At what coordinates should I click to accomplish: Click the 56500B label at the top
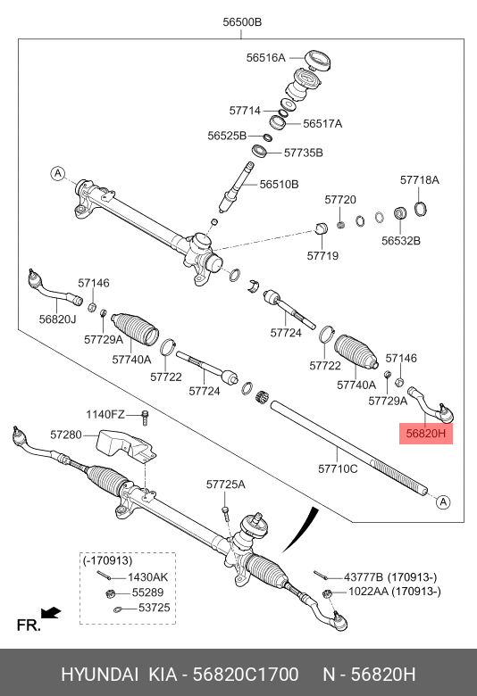pos(242,21)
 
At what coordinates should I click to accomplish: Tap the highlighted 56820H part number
pos(426,433)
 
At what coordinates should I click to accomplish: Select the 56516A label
pos(266,58)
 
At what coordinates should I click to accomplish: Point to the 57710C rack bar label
pos(338,468)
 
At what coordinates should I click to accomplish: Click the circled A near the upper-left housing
pos(58,173)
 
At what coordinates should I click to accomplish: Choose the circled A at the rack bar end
pos(443,502)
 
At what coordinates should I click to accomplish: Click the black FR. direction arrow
pos(51,612)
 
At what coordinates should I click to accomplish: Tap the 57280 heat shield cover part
pos(127,445)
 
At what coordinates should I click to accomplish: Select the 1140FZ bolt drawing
pos(145,418)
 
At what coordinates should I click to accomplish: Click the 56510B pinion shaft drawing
pos(237,186)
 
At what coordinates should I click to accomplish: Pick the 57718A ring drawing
pos(421,209)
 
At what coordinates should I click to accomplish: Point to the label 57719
pos(322,256)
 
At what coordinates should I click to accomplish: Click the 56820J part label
pos(58,319)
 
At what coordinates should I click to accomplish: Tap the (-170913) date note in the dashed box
pos(107,560)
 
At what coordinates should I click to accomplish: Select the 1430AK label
pos(148,577)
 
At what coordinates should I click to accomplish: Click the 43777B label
pos(364,577)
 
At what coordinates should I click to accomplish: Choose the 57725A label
pos(226,485)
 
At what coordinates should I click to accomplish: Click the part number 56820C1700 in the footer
pos(246,675)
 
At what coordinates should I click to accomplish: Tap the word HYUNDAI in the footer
pos(99,675)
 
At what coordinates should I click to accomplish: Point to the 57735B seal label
pos(304,153)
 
